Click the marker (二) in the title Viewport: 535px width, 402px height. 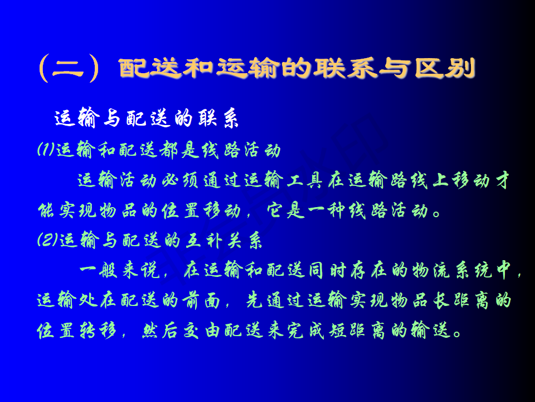[x=69, y=68]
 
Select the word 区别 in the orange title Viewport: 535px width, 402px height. [x=445, y=68]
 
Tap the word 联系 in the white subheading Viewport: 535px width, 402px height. [x=218, y=118]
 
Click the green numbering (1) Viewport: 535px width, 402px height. [x=46, y=150]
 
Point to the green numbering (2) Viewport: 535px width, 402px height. [x=47, y=240]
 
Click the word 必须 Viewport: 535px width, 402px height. [x=180, y=180]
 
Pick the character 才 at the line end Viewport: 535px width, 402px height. [x=502, y=180]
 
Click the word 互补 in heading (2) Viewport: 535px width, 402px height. [x=204, y=240]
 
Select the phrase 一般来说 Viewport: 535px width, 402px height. [x=119, y=270]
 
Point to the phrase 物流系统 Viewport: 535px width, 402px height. [x=452, y=270]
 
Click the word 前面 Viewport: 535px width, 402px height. [x=201, y=300]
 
